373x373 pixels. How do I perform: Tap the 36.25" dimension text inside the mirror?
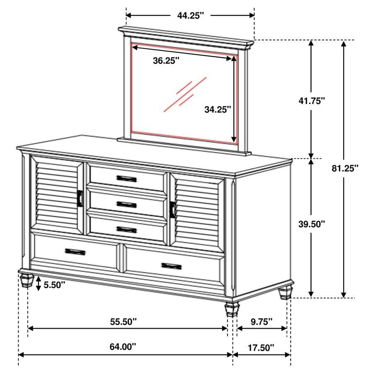[166, 61]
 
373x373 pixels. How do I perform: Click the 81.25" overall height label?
[345, 168]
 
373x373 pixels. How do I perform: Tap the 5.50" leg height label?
[54, 285]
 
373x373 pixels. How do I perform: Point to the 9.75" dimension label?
[261, 321]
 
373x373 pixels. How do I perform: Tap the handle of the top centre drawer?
[126, 178]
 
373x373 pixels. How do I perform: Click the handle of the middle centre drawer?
[126, 204]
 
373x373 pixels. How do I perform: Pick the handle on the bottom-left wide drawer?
[75, 251]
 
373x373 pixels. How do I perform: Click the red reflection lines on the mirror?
[185, 94]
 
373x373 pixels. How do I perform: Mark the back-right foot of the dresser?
[285, 293]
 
